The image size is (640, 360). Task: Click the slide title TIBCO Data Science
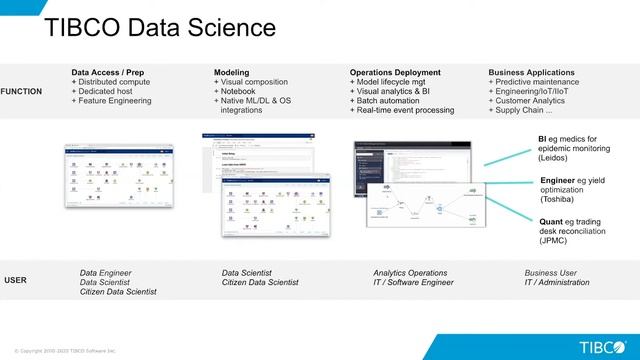click(x=160, y=28)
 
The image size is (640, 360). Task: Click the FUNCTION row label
click(x=22, y=91)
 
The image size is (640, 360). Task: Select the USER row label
click(x=15, y=280)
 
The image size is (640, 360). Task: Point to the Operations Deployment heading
click(x=395, y=72)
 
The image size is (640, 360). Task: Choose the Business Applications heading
click(x=531, y=72)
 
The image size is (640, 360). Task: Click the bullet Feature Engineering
click(x=117, y=101)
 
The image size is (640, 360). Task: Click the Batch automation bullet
click(x=393, y=101)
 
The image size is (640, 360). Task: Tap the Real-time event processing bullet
click(x=408, y=110)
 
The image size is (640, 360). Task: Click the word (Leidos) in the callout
click(x=557, y=158)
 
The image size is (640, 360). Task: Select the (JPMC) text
click(x=556, y=241)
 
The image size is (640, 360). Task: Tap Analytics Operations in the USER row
click(x=410, y=272)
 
